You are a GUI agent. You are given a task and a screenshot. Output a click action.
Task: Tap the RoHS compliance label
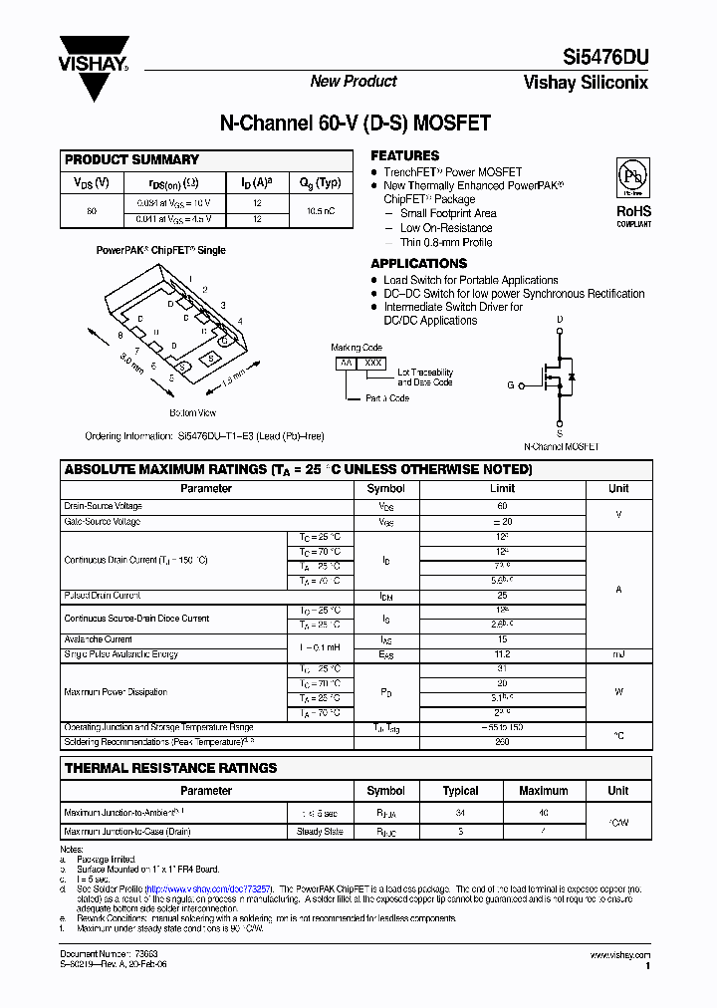(x=632, y=212)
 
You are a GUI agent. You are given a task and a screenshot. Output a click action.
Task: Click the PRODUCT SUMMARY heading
(x=131, y=159)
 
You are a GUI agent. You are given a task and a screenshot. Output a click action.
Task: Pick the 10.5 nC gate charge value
(x=320, y=211)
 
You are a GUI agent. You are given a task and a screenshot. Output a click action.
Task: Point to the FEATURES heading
(x=404, y=156)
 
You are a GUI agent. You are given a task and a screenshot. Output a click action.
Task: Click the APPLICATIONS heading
(x=418, y=264)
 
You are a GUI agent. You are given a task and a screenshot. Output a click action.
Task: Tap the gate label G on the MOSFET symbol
(x=511, y=383)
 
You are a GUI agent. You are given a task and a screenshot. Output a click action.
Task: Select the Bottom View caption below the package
(x=192, y=412)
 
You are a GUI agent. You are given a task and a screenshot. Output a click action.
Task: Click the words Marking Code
(x=357, y=348)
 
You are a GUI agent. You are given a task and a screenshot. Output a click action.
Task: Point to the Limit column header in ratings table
(x=502, y=489)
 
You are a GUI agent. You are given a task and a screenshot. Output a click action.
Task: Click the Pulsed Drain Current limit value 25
(x=502, y=596)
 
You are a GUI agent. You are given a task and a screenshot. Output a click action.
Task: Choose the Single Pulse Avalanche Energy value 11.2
(x=502, y=654)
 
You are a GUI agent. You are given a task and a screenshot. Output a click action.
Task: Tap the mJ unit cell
(x=618, y=654)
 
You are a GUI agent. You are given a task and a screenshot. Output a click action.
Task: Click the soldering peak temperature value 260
(x=502, y=741)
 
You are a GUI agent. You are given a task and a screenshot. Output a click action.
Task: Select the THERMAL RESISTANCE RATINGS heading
(x=170, y=768)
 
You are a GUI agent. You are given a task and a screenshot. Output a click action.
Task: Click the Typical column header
(x=460, y=791)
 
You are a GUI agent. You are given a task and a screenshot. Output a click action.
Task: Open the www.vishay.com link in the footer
(x=620, y=955)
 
